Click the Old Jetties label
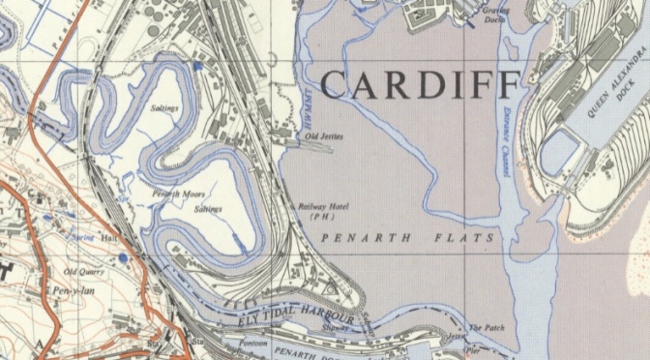[x=323, y=136]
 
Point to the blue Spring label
[x=82, y=235]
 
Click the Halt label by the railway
[x=107, y=236]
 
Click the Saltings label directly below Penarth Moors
[x=207, y=208]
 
